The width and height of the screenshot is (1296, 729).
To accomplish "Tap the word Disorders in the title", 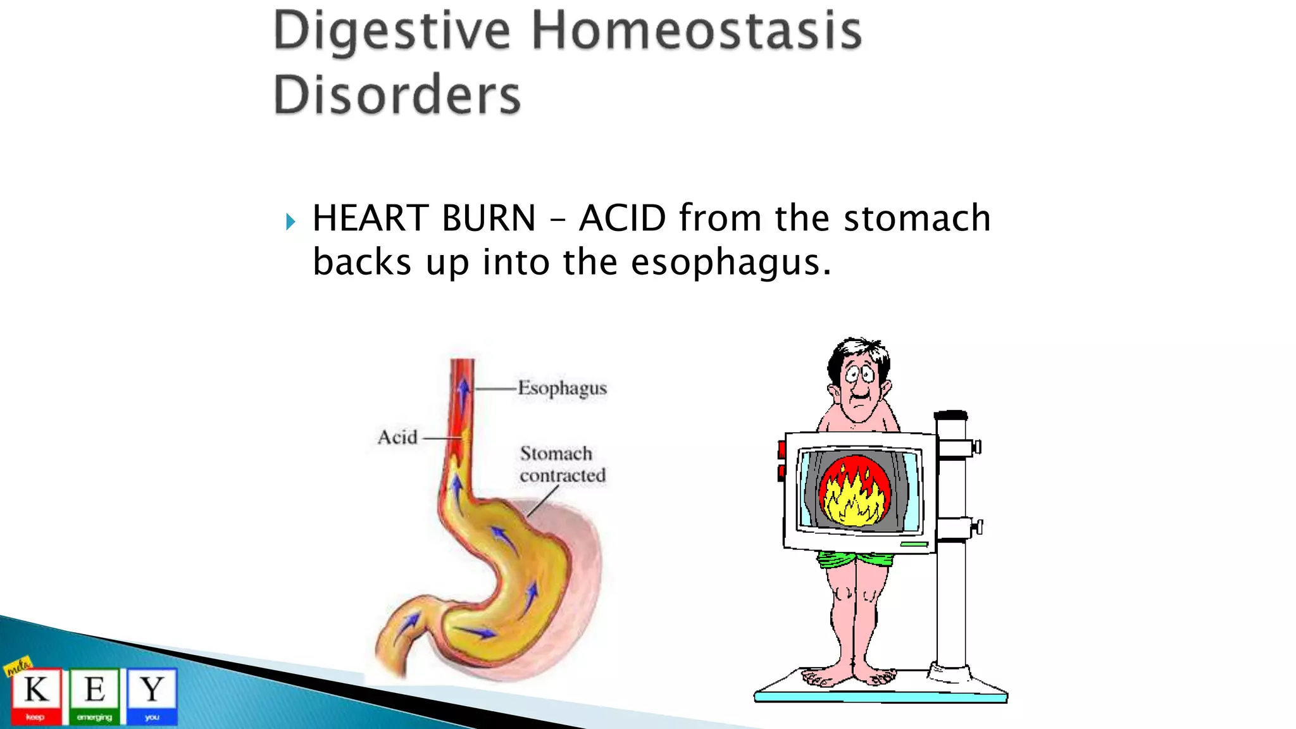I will [397, 95].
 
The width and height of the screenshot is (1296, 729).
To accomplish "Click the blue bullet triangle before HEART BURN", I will [290, 222].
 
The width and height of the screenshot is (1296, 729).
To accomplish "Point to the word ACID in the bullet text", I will [623, 218].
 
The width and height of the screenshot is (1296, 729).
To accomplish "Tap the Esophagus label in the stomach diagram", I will [562, 388].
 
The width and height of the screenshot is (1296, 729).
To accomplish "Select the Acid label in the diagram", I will [397, 437].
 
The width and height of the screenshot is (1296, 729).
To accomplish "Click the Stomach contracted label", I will [562, 464].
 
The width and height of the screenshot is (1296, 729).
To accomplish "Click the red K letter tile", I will [37, 695].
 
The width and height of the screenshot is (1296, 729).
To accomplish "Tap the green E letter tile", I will [94, 695].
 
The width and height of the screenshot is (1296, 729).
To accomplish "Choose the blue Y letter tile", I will [152, 695].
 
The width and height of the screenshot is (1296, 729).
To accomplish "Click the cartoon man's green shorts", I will [854, 559].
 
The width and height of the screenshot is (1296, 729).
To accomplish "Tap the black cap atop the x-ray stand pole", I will [950, 416].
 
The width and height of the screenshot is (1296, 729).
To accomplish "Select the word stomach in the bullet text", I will [917, 218].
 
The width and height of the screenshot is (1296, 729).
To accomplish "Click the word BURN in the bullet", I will [489, 218].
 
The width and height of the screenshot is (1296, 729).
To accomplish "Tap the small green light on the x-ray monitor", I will [913, 544].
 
